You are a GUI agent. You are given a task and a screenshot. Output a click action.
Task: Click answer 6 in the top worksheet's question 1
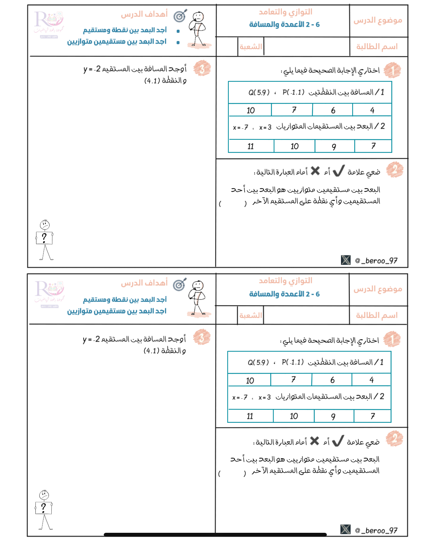(333, 110)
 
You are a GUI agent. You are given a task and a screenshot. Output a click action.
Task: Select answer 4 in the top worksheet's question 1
(372, 110)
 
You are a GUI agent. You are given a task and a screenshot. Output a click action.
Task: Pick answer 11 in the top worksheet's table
(251, 146)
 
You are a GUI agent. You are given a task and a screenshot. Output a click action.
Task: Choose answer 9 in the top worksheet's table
(334, 146)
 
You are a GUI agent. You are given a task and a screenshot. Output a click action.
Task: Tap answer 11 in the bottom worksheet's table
(250, 416)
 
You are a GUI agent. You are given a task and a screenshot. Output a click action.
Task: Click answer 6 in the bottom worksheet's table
(332, 380)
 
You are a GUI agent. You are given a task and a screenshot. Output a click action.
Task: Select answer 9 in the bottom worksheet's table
(333, 416)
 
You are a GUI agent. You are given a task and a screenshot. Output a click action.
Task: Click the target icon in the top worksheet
(180, 16)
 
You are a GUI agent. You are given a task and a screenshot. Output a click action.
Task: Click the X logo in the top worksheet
(346, 260)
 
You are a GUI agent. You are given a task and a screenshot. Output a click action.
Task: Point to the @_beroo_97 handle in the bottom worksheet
(376, 530)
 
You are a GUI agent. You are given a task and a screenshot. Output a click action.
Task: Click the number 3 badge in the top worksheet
(202, 68)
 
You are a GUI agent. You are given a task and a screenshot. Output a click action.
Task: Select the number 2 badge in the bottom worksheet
(394, 439)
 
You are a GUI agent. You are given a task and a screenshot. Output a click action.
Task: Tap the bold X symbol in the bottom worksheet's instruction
(314, 441)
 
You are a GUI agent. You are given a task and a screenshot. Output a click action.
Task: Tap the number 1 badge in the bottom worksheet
(392, 339)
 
